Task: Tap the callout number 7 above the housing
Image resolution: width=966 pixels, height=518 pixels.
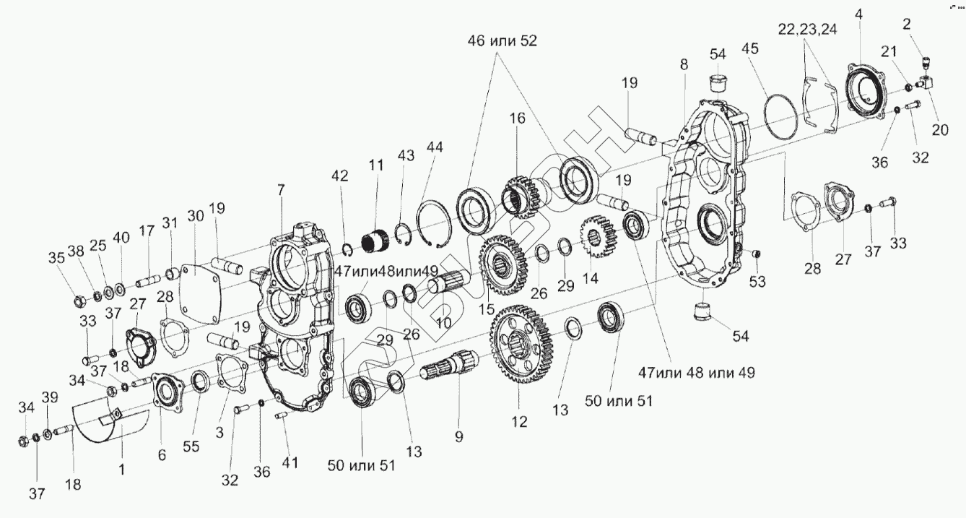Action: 281,189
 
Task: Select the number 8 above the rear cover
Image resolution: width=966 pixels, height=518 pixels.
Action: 684,64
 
